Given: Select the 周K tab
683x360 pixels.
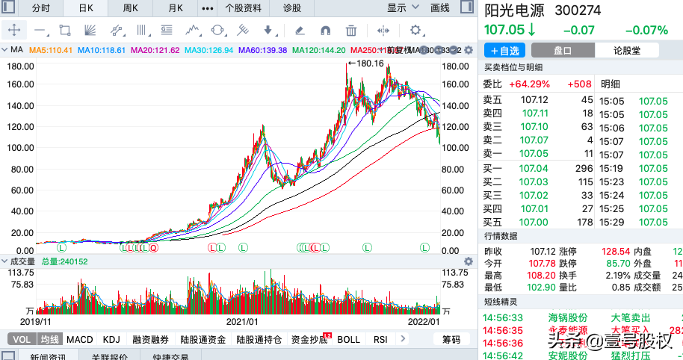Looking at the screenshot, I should point(130,8).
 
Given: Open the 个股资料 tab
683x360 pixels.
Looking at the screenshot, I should point(243,8).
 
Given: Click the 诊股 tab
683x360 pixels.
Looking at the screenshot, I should point(292,8).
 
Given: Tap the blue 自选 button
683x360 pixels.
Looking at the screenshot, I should point(505,51).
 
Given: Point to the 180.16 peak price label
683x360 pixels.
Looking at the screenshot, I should point(370,63).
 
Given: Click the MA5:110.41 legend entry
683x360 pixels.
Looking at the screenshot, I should point(51,50).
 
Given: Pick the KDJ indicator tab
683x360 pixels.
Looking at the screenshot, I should point(111,339).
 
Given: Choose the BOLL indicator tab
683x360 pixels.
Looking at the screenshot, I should point(348,339).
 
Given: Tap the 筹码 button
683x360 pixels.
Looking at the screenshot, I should point(451,339).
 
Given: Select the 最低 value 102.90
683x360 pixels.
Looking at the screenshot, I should point(535,287).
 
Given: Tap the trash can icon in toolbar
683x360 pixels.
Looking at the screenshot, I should point(350,31).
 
